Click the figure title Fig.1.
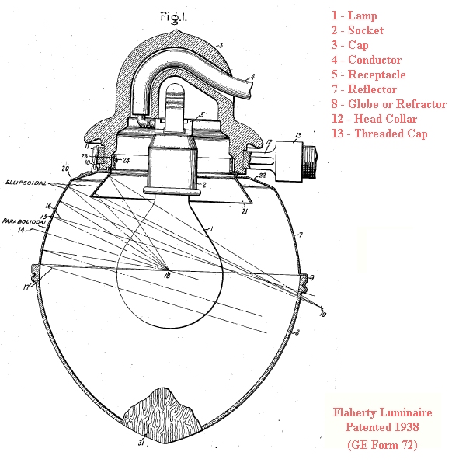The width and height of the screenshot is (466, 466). [173, 17]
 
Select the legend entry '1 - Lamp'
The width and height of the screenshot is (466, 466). [354, 16]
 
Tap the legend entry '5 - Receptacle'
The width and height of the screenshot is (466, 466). [368, 75]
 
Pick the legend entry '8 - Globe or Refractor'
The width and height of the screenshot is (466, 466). [389, 104]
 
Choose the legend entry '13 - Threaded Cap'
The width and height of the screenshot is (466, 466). [380, 134]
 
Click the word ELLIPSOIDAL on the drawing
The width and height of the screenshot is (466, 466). [26, 183]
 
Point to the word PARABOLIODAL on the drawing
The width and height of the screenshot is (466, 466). [25, 221]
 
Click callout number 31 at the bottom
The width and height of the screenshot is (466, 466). [141, 443]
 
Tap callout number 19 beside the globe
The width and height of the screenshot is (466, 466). [323, 314]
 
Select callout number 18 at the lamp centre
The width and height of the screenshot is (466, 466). [167, 276]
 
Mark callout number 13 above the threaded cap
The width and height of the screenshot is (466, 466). [298, 135]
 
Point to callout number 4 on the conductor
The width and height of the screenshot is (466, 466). [252, 77]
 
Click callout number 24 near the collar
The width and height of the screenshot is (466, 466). [127, 161]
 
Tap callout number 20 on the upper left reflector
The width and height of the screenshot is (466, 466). [65, 169]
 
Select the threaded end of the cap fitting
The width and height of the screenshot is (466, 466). [310, 161]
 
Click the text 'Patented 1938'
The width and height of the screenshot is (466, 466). [382, 427]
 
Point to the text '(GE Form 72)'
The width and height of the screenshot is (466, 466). [382, 444]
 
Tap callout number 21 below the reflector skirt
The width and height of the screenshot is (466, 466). [245, 211]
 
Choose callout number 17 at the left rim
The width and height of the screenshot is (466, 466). [26, 287]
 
